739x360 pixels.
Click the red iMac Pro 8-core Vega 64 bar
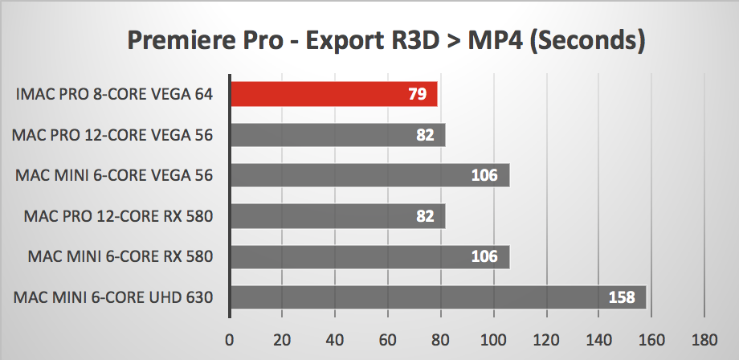[333, 94]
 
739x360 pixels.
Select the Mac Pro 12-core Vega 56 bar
[337, 135]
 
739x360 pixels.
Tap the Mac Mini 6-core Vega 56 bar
[369, 175]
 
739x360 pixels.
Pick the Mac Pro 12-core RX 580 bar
[337, 216]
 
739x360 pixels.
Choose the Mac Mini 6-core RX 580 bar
[369, 257]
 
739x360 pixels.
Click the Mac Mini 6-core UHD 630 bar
[438, 298]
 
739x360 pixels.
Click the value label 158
[620, 298]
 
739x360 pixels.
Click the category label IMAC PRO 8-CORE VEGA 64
[114, 94]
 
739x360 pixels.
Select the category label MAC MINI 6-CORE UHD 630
[113, 298]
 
